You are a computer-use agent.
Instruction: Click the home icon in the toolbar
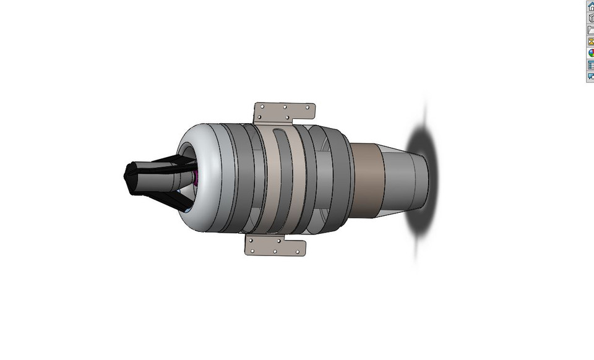click(591, 6)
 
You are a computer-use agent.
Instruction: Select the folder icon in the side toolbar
click(591, 30)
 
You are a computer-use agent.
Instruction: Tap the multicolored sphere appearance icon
click(591, 53)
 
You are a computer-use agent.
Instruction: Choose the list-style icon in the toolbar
click(591, 64)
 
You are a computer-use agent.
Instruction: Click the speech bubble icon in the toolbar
click(591, 76)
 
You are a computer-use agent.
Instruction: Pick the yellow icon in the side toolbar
click(591, 41)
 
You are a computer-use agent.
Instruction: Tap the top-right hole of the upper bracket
click(308, 107)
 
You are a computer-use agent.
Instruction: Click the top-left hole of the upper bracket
click(262, 106)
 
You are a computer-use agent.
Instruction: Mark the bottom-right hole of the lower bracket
click(298, 252)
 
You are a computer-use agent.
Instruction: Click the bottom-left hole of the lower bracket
click(252, 251)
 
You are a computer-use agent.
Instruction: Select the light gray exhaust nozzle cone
click(402, 179)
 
